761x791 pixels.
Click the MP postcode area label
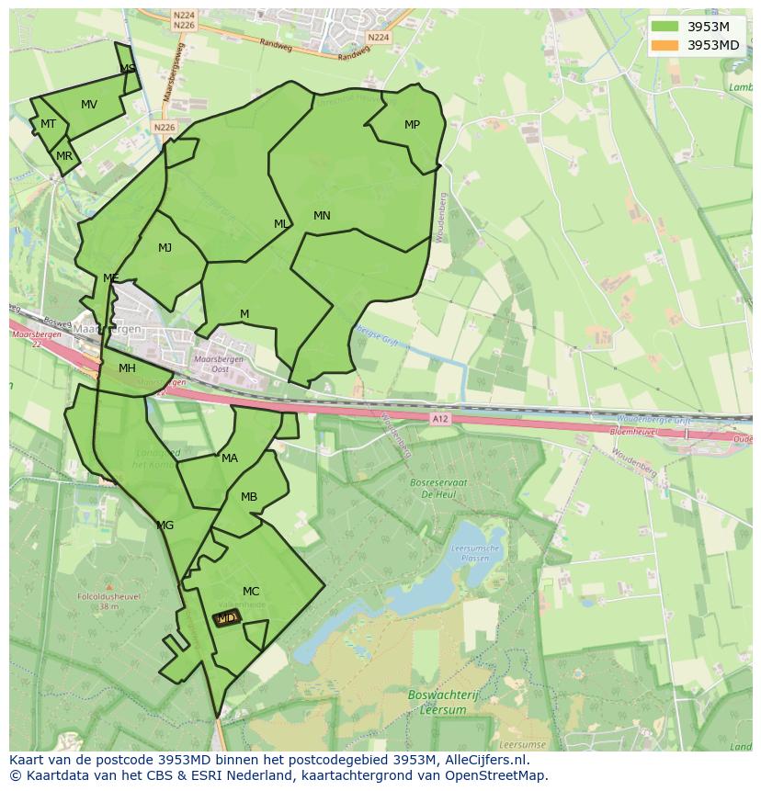click(412, 125)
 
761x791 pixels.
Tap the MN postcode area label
click(322, 216)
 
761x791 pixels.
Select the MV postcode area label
click(89, 105)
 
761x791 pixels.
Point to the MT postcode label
click(49, 124)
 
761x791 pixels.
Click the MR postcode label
click(64, 156)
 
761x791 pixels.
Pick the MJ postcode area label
click(165, 248)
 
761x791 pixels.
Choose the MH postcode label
click(127, 368)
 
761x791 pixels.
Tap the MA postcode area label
click(230, 458)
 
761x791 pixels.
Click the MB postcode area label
click(249, 497)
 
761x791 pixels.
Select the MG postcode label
click(165, 525)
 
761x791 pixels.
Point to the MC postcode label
click(251, 591)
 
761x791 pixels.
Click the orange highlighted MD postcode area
click(227, 619)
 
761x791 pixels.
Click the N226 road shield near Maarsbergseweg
click(165, 128)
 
